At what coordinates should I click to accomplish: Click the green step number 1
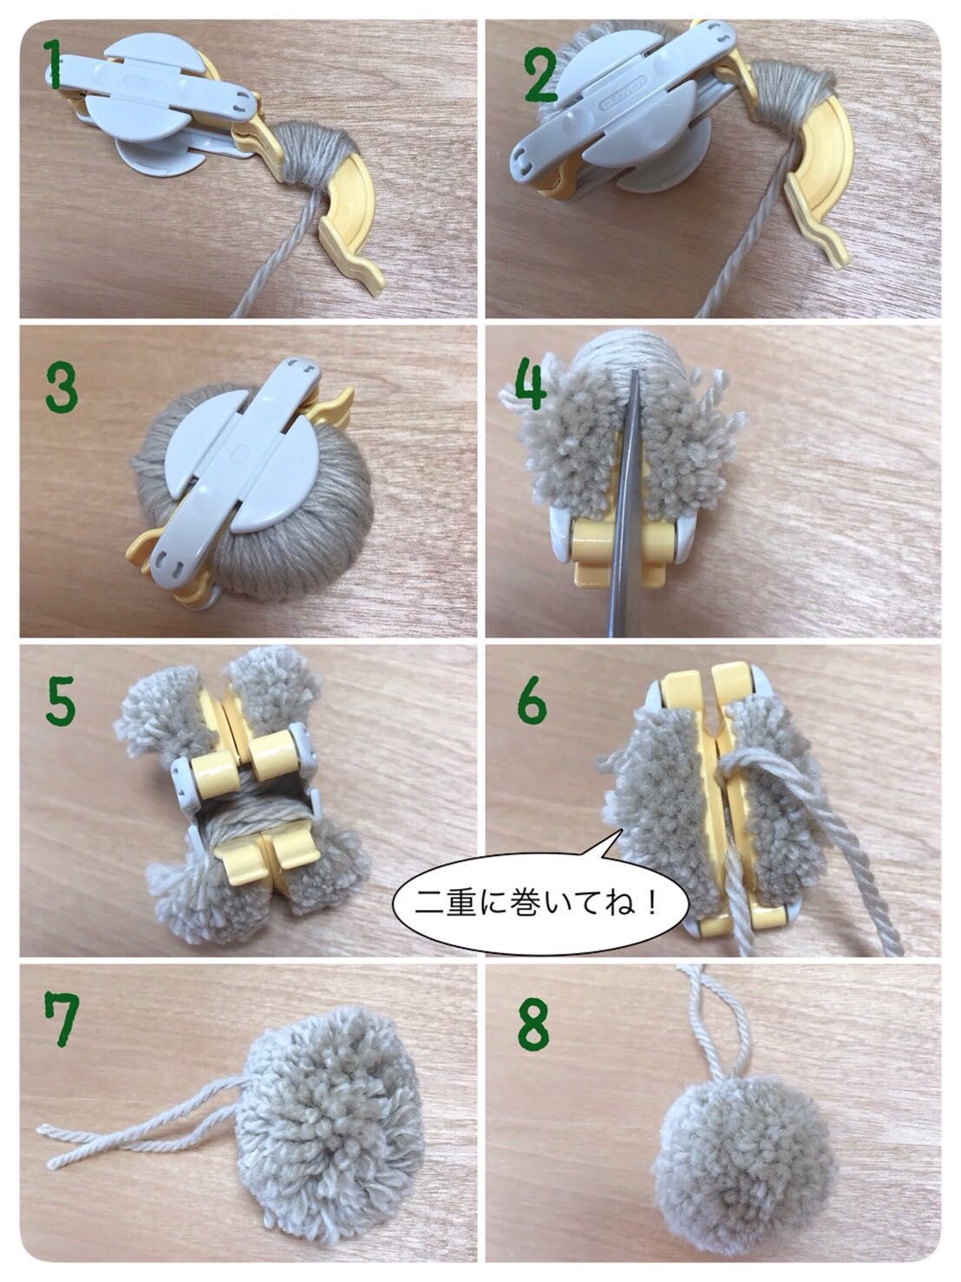pyautogui.click(x=55, y=66)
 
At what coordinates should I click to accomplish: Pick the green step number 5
pyautogui.click(x=60, y=703)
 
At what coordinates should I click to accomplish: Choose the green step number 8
pyautogui.click(x=532, y=1024)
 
